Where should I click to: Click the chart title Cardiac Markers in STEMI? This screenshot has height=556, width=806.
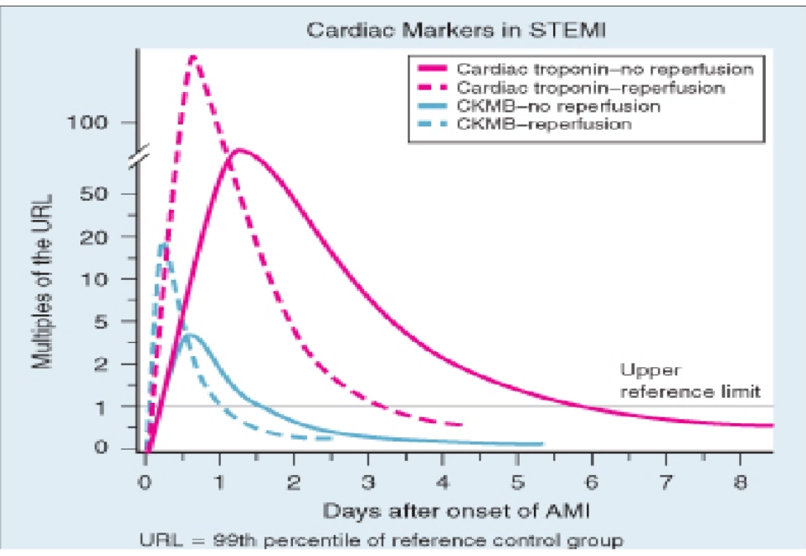coord(455,32)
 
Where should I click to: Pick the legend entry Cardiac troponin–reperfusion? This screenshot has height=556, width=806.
coord(590,87)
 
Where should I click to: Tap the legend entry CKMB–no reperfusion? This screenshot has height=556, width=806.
coord(559,106)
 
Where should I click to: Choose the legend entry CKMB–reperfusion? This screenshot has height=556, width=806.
coord(546,125)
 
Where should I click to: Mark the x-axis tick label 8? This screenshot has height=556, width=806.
coord(739,482)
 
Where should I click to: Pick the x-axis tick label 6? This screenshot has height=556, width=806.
coord(591,482)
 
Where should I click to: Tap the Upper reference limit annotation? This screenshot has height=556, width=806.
coord(690,381)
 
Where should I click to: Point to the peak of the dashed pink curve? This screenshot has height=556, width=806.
coord(193,57)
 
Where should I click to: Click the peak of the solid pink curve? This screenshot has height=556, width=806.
coord(239,150)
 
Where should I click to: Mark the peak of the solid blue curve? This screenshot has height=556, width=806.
coord(192,334)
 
